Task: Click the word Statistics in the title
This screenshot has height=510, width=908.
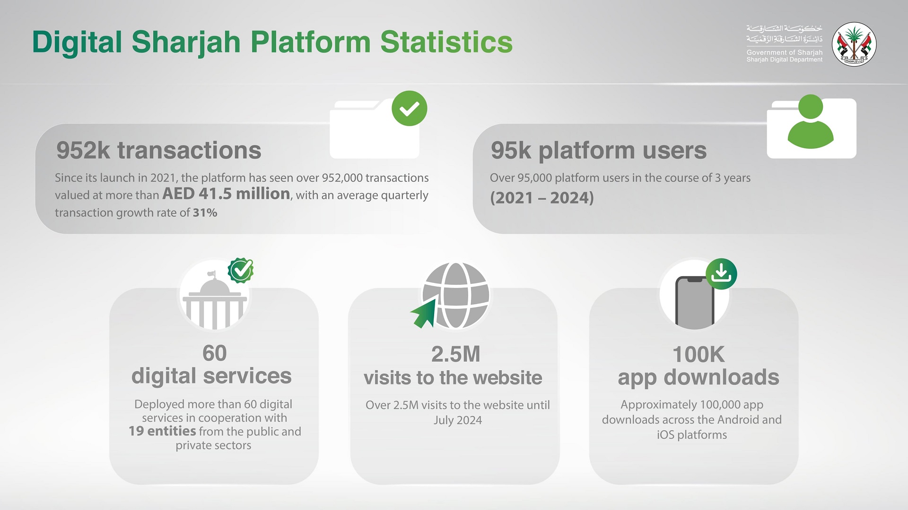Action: pyautogui.click(x=446, y=42)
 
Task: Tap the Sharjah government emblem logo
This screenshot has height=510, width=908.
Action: pyautogui.click(x=854, y=44)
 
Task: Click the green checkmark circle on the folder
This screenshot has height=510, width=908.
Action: pyautogui.click(x=410, y=109)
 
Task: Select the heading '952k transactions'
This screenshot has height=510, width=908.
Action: pyautogui.click(x=159, y=151)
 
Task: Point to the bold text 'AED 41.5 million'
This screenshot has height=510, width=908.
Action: pyautogui.click(x=226, y=194)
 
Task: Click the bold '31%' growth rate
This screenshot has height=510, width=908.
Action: pyautogui.click(x=205, y=212)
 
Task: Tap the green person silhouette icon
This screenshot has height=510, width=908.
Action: pyautogui.click(x=811, y=121)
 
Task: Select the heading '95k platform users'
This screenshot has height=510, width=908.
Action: pyautogui.click(x=599, y=151)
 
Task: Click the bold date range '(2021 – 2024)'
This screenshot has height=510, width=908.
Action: pyautogui.click(x=542, y=197)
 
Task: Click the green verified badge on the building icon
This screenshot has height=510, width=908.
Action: pyautogui.click(x=241, y=271)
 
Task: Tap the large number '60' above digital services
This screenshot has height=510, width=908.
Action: pyautogui.click(x=214, y=353)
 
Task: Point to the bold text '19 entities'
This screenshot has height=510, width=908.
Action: pyautogui.click(x=162, y=431)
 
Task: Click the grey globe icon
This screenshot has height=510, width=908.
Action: pyautogui.click(x=455, y=295)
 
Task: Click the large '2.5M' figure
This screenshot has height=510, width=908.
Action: pyautogui.click(x=455, y=354)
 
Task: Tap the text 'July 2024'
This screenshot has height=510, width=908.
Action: pyautogui.click(x=458, y=420)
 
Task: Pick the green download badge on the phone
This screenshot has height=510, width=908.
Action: pyautogui.click(x=721, y=274)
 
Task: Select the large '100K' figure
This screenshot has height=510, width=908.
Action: pyautogui.click(x=698, y=355)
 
